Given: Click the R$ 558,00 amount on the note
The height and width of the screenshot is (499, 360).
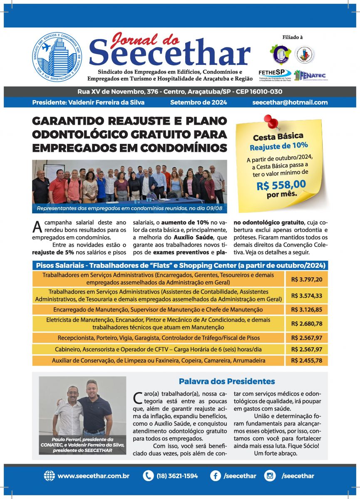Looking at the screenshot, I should pos(282,184).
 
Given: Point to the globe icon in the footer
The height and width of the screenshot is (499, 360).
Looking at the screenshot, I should pos(49,476).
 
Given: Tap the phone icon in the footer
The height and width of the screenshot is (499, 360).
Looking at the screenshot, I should pos(148,476).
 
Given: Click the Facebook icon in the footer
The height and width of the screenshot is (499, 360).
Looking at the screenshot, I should pos(215,476).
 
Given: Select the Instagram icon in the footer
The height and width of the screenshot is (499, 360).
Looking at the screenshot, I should pos(270,476).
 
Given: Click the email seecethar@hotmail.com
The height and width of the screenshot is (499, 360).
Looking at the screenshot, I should pos(290,102).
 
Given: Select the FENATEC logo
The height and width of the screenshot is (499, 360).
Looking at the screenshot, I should pos(310,75).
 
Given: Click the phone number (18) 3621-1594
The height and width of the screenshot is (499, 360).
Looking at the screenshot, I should pos(177,476).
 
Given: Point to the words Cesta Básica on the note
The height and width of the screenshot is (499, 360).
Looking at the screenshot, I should pos(278,136).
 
